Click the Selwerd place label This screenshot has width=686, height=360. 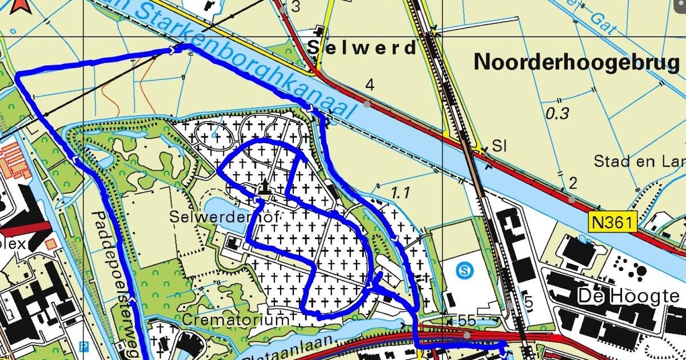coord(362,48)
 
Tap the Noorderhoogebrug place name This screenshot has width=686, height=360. coord(576,63)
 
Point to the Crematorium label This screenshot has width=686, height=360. coord(236,319)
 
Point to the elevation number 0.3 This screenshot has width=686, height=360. coord(557,113)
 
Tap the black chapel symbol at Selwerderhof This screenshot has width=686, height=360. coord(264,186)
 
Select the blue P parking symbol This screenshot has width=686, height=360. coord(85,346)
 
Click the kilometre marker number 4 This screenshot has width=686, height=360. coord(370,86)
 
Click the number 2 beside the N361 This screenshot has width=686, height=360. coord(572,183)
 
